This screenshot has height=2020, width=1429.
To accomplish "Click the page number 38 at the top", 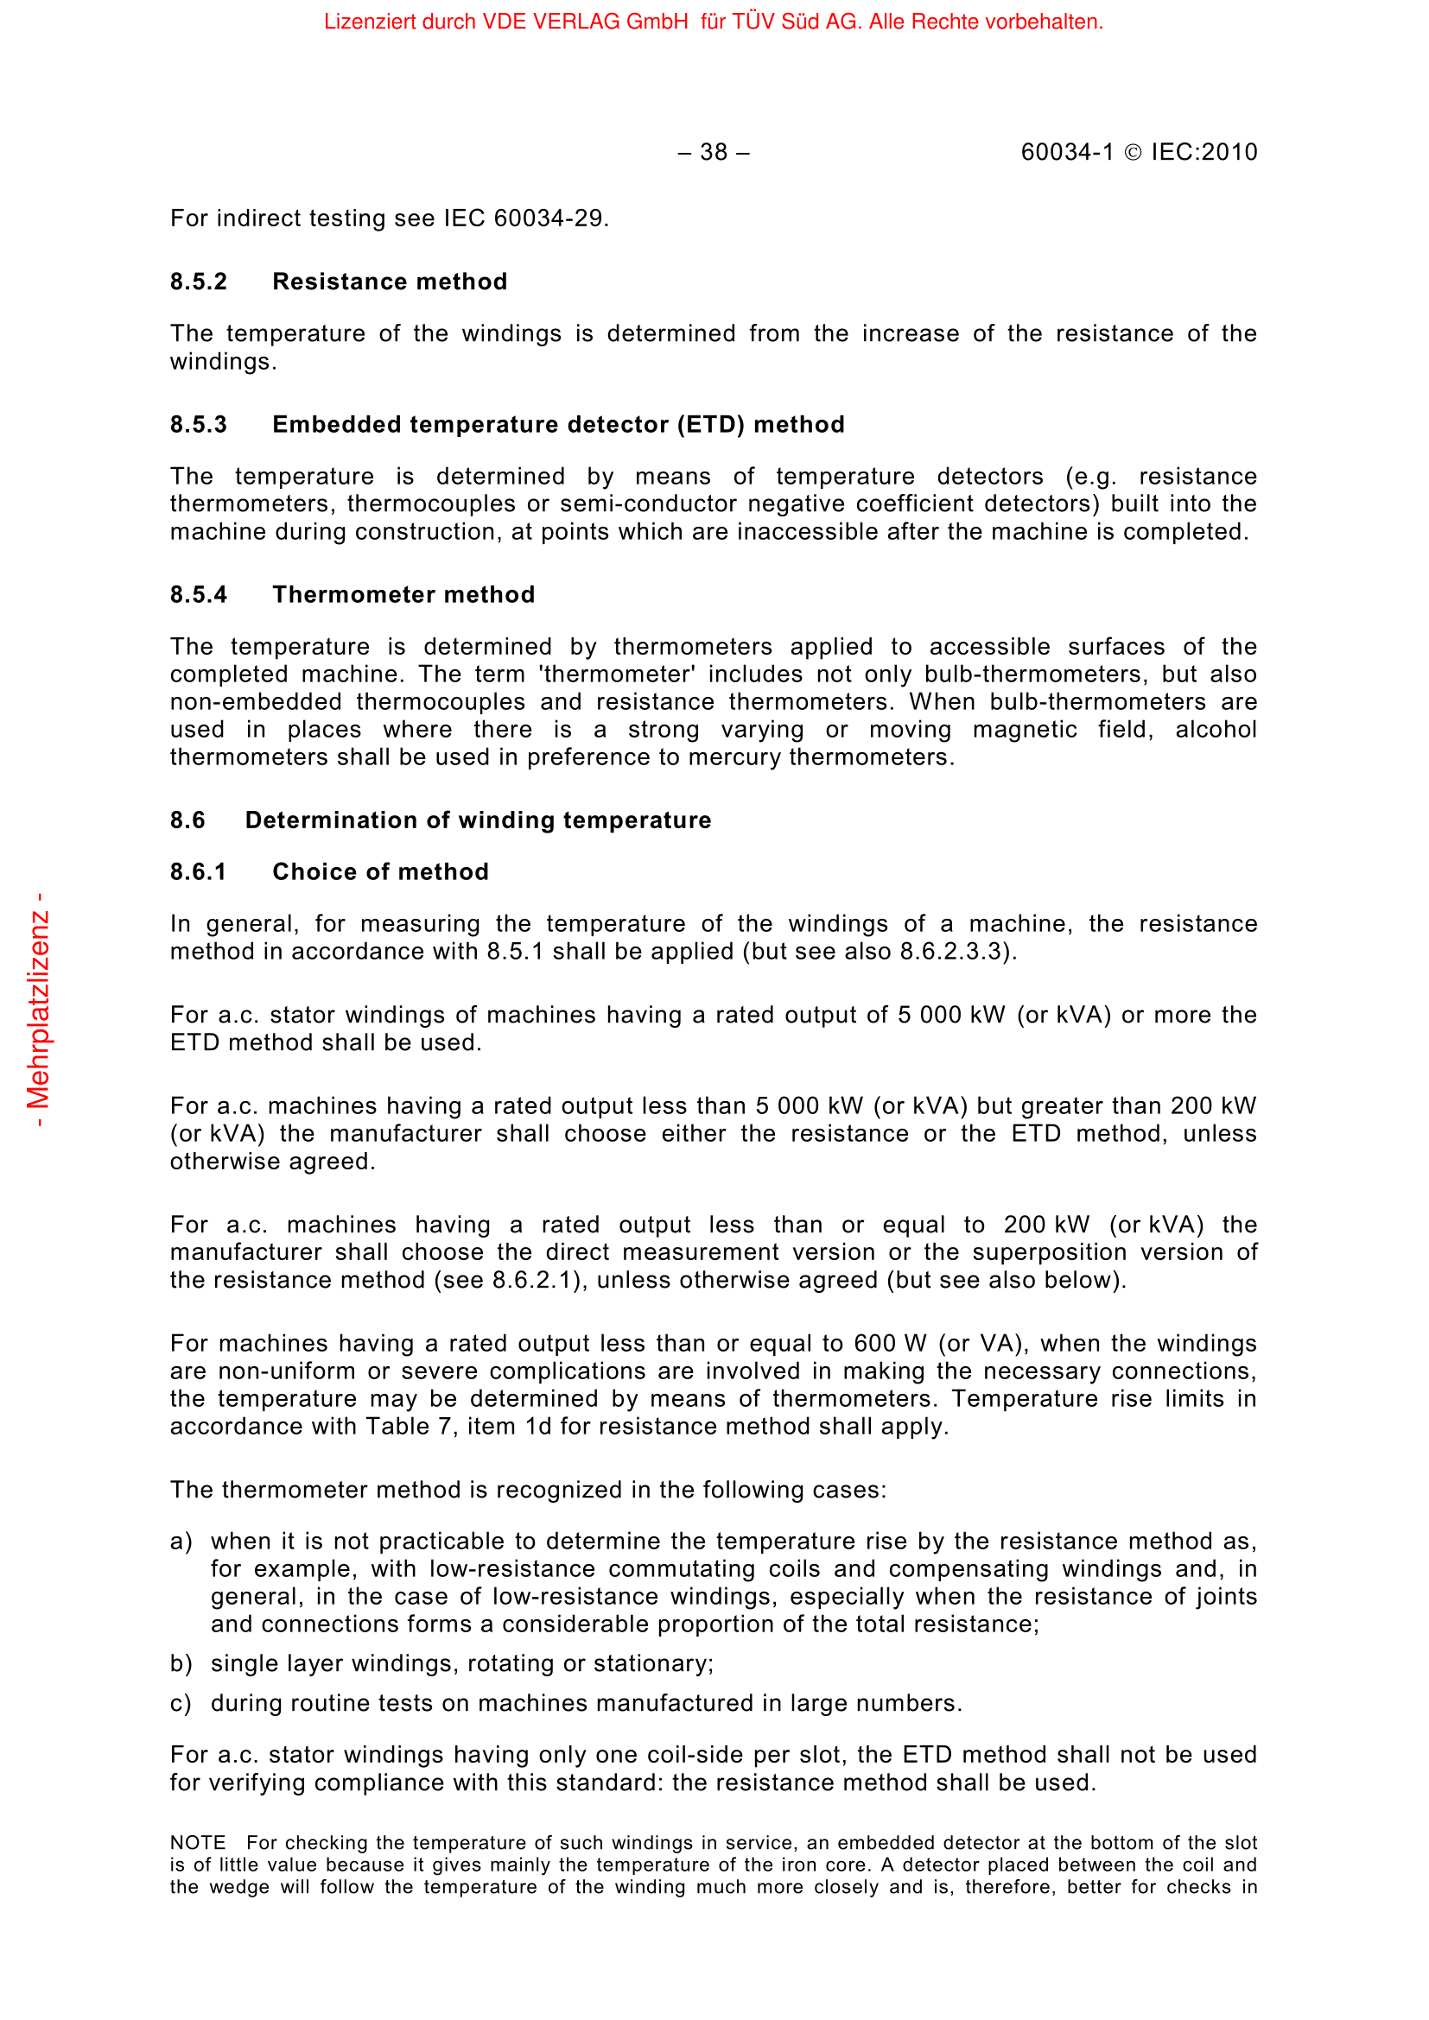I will click(713, 152).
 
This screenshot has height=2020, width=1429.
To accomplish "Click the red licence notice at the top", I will click(713, 22).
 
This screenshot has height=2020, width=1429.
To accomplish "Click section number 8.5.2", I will click(199, 282).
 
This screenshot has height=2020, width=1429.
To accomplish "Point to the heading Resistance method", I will click(390, 282).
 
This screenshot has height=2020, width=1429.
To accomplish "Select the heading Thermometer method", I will click(403, 595).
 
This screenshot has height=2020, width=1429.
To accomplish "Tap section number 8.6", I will click(187, 820).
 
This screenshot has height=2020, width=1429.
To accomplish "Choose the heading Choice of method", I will click(380, 872).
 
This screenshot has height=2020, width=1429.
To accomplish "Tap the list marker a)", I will click(181, 1542).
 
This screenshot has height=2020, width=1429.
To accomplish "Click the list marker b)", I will click(181, 1663).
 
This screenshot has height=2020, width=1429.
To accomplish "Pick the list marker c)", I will click(181, 1703).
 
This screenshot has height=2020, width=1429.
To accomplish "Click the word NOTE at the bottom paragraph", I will click(198, 1843).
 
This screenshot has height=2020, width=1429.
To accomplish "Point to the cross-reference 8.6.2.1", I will click(537, 1280).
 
